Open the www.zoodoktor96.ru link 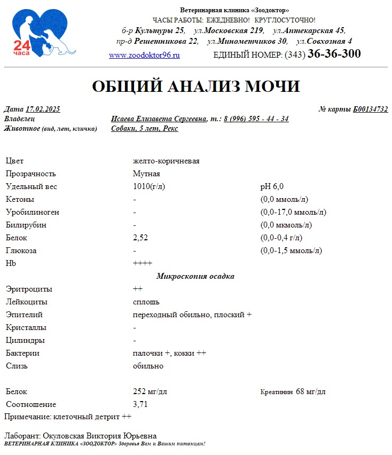pos(144,55)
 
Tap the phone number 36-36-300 pos(334,54)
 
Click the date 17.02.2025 pos(43,109)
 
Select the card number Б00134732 pos(370,109)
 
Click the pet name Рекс pos(170,129)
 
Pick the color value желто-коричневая pos(166,161)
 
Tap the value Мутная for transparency pos(146,174)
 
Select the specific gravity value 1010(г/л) pos(149,186)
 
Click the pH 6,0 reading pos(272,186)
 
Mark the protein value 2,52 pos(140,238)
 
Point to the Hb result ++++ pos(143,263)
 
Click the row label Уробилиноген pos(33,212)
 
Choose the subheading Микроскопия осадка pos(195,276)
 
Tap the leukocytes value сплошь pos(146,302)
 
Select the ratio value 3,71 pos(140,404)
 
